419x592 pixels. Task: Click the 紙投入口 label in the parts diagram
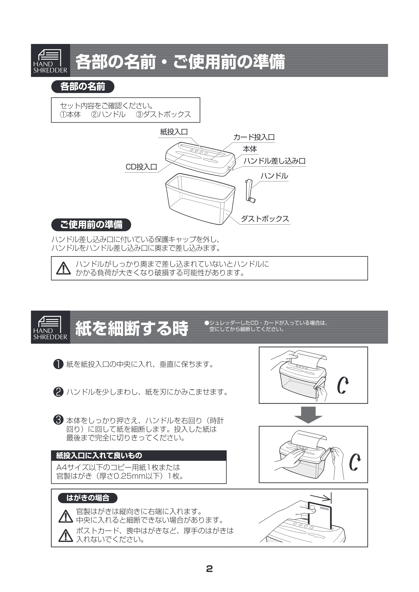174,132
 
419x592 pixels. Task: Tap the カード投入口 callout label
254,137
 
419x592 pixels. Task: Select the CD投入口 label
141,167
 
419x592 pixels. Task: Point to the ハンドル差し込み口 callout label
275,161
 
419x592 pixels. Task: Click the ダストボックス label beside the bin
265,219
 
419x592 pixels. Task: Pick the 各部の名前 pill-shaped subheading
83,87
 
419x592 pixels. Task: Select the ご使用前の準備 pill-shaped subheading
91,225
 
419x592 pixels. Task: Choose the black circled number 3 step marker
58,420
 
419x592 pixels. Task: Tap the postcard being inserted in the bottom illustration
320,515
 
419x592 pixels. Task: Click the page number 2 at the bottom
209,569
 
